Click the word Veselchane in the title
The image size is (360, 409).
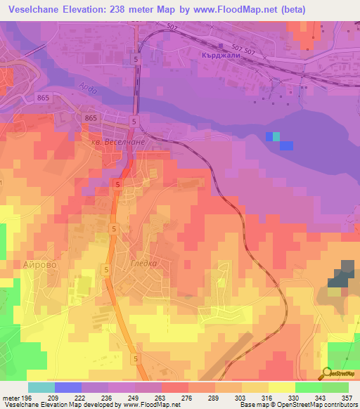click(35, 10)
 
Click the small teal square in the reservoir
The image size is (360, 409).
click(276, 136)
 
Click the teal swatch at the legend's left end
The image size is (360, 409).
click(41, 387)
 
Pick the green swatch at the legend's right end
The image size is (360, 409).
click(335, 387)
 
